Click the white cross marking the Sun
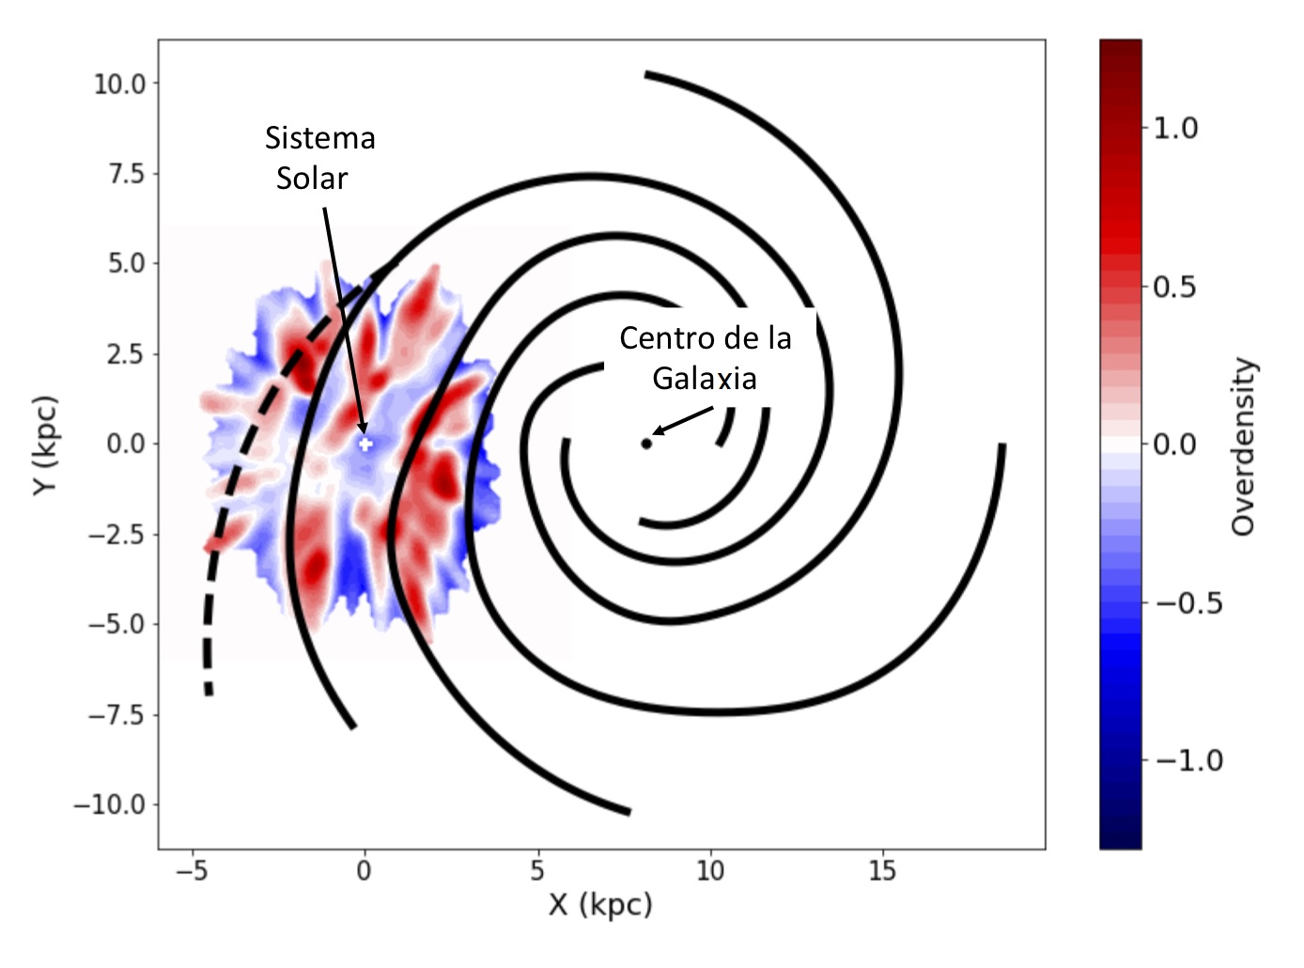365,444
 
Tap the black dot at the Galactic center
646,444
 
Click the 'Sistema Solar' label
319,158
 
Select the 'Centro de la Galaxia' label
705,357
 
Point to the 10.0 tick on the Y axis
119,84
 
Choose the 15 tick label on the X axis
882,872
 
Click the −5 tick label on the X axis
191,872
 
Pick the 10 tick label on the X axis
710,872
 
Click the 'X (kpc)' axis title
600,906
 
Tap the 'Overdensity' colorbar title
1243,445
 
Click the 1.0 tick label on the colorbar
1175,128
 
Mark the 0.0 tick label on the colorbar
1175,445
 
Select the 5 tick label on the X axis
536,872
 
